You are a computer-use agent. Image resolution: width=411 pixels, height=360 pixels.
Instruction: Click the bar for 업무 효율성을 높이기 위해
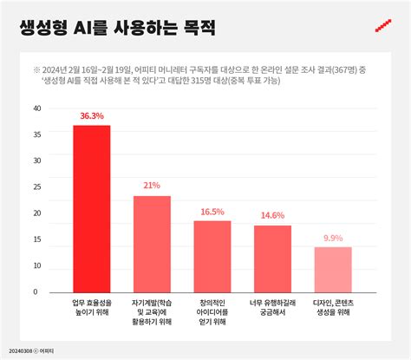(x=91, y=208)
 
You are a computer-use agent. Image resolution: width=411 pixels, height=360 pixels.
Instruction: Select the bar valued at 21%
(x=152, y=244)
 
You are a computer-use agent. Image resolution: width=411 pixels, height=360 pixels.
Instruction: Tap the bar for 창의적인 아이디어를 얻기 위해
(x=212, y=256)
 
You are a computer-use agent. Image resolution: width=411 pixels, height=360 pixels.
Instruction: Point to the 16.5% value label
(x=212, y=211)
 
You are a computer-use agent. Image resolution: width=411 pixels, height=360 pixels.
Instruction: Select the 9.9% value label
(x=333, y=238)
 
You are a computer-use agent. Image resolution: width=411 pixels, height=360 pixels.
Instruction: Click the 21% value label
(x=152, y=186)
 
